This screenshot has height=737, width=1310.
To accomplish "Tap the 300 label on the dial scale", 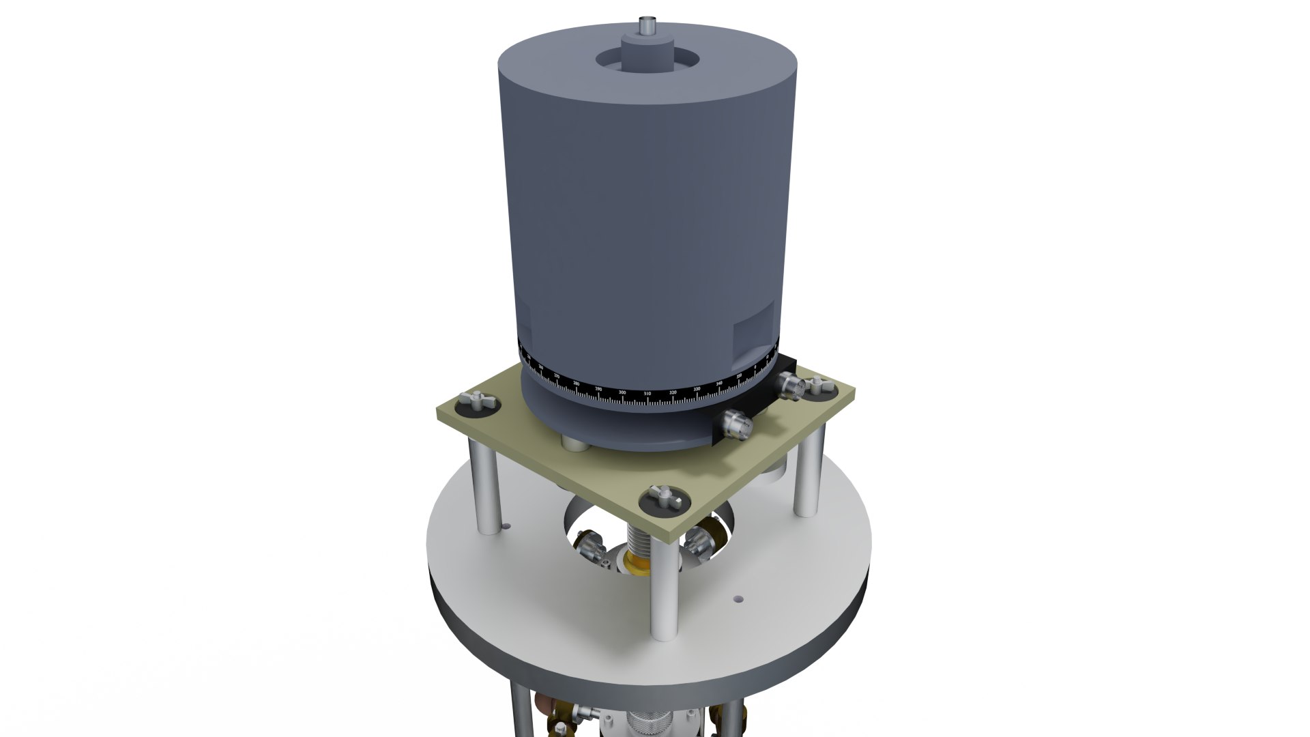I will click(x=622, y=392).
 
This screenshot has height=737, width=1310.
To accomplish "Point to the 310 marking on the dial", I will click(x=647, y=394).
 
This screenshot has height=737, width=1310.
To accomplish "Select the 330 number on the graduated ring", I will click(x=697, y=389).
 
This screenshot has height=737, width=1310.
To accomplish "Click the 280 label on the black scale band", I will click(x=577, y=384).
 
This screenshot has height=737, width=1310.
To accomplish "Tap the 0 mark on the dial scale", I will click(x=755, y=367).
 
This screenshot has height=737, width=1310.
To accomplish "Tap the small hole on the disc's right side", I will click(x=738, y=599).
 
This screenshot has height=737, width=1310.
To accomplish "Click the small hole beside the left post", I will click(x=506, y=525).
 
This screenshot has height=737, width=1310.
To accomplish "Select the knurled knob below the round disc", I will click(x=644, y=723).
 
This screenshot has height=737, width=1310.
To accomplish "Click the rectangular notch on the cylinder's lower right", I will click(x=755, y=332).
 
